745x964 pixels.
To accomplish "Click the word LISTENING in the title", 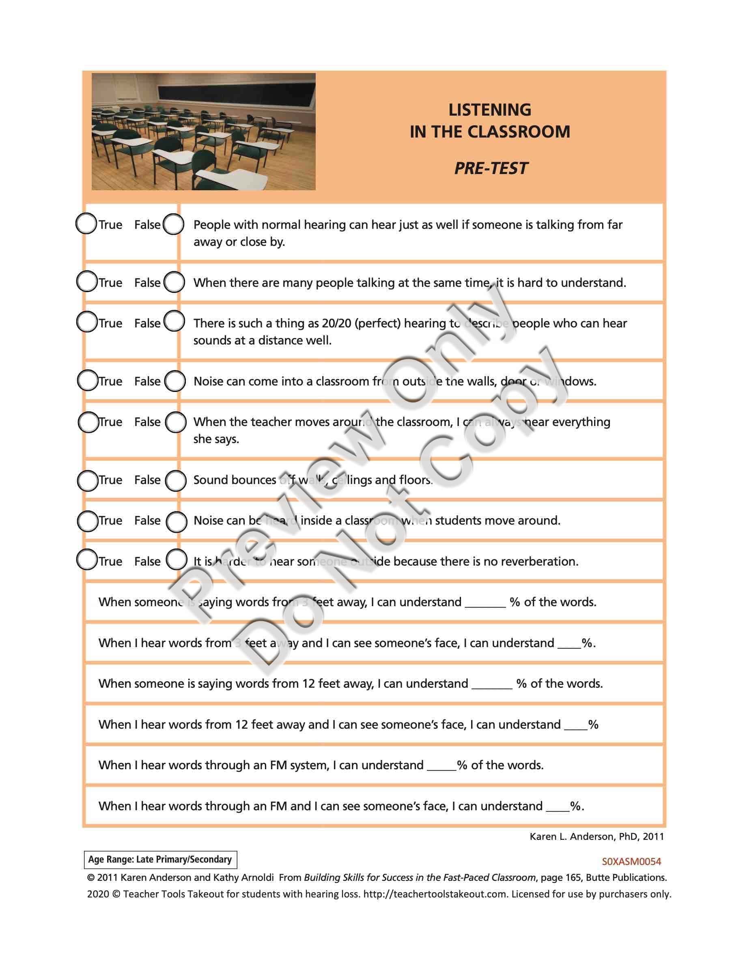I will (x=489, y=110).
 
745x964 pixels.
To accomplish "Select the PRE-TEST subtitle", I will (x=490, y=168).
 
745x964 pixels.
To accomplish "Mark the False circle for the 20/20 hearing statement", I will (x=174, y=321).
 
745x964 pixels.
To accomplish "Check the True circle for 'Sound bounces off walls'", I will (x=87, y=481).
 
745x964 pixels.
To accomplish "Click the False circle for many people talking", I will (x=174, y=282).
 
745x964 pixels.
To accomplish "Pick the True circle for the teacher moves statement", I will (x=88, y=422).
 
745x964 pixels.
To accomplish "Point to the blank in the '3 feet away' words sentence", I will (x=485, y=603).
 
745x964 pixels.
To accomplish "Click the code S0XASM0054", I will (x=631, y=861).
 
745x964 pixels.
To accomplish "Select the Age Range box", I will (x=160, y=859).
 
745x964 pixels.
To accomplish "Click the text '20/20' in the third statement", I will (x=336, y=323).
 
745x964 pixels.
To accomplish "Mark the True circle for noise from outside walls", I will (x=87, y=381).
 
